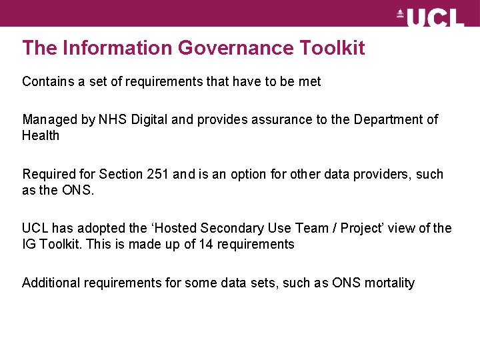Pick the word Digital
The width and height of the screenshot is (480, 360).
[149, 120]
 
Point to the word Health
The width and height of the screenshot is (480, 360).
[41, 136]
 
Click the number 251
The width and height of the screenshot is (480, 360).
[158, 175]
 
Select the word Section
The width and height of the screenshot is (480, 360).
[121, 175]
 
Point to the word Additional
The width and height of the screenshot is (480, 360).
[51, 283]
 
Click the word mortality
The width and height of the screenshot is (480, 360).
[389, 283]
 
